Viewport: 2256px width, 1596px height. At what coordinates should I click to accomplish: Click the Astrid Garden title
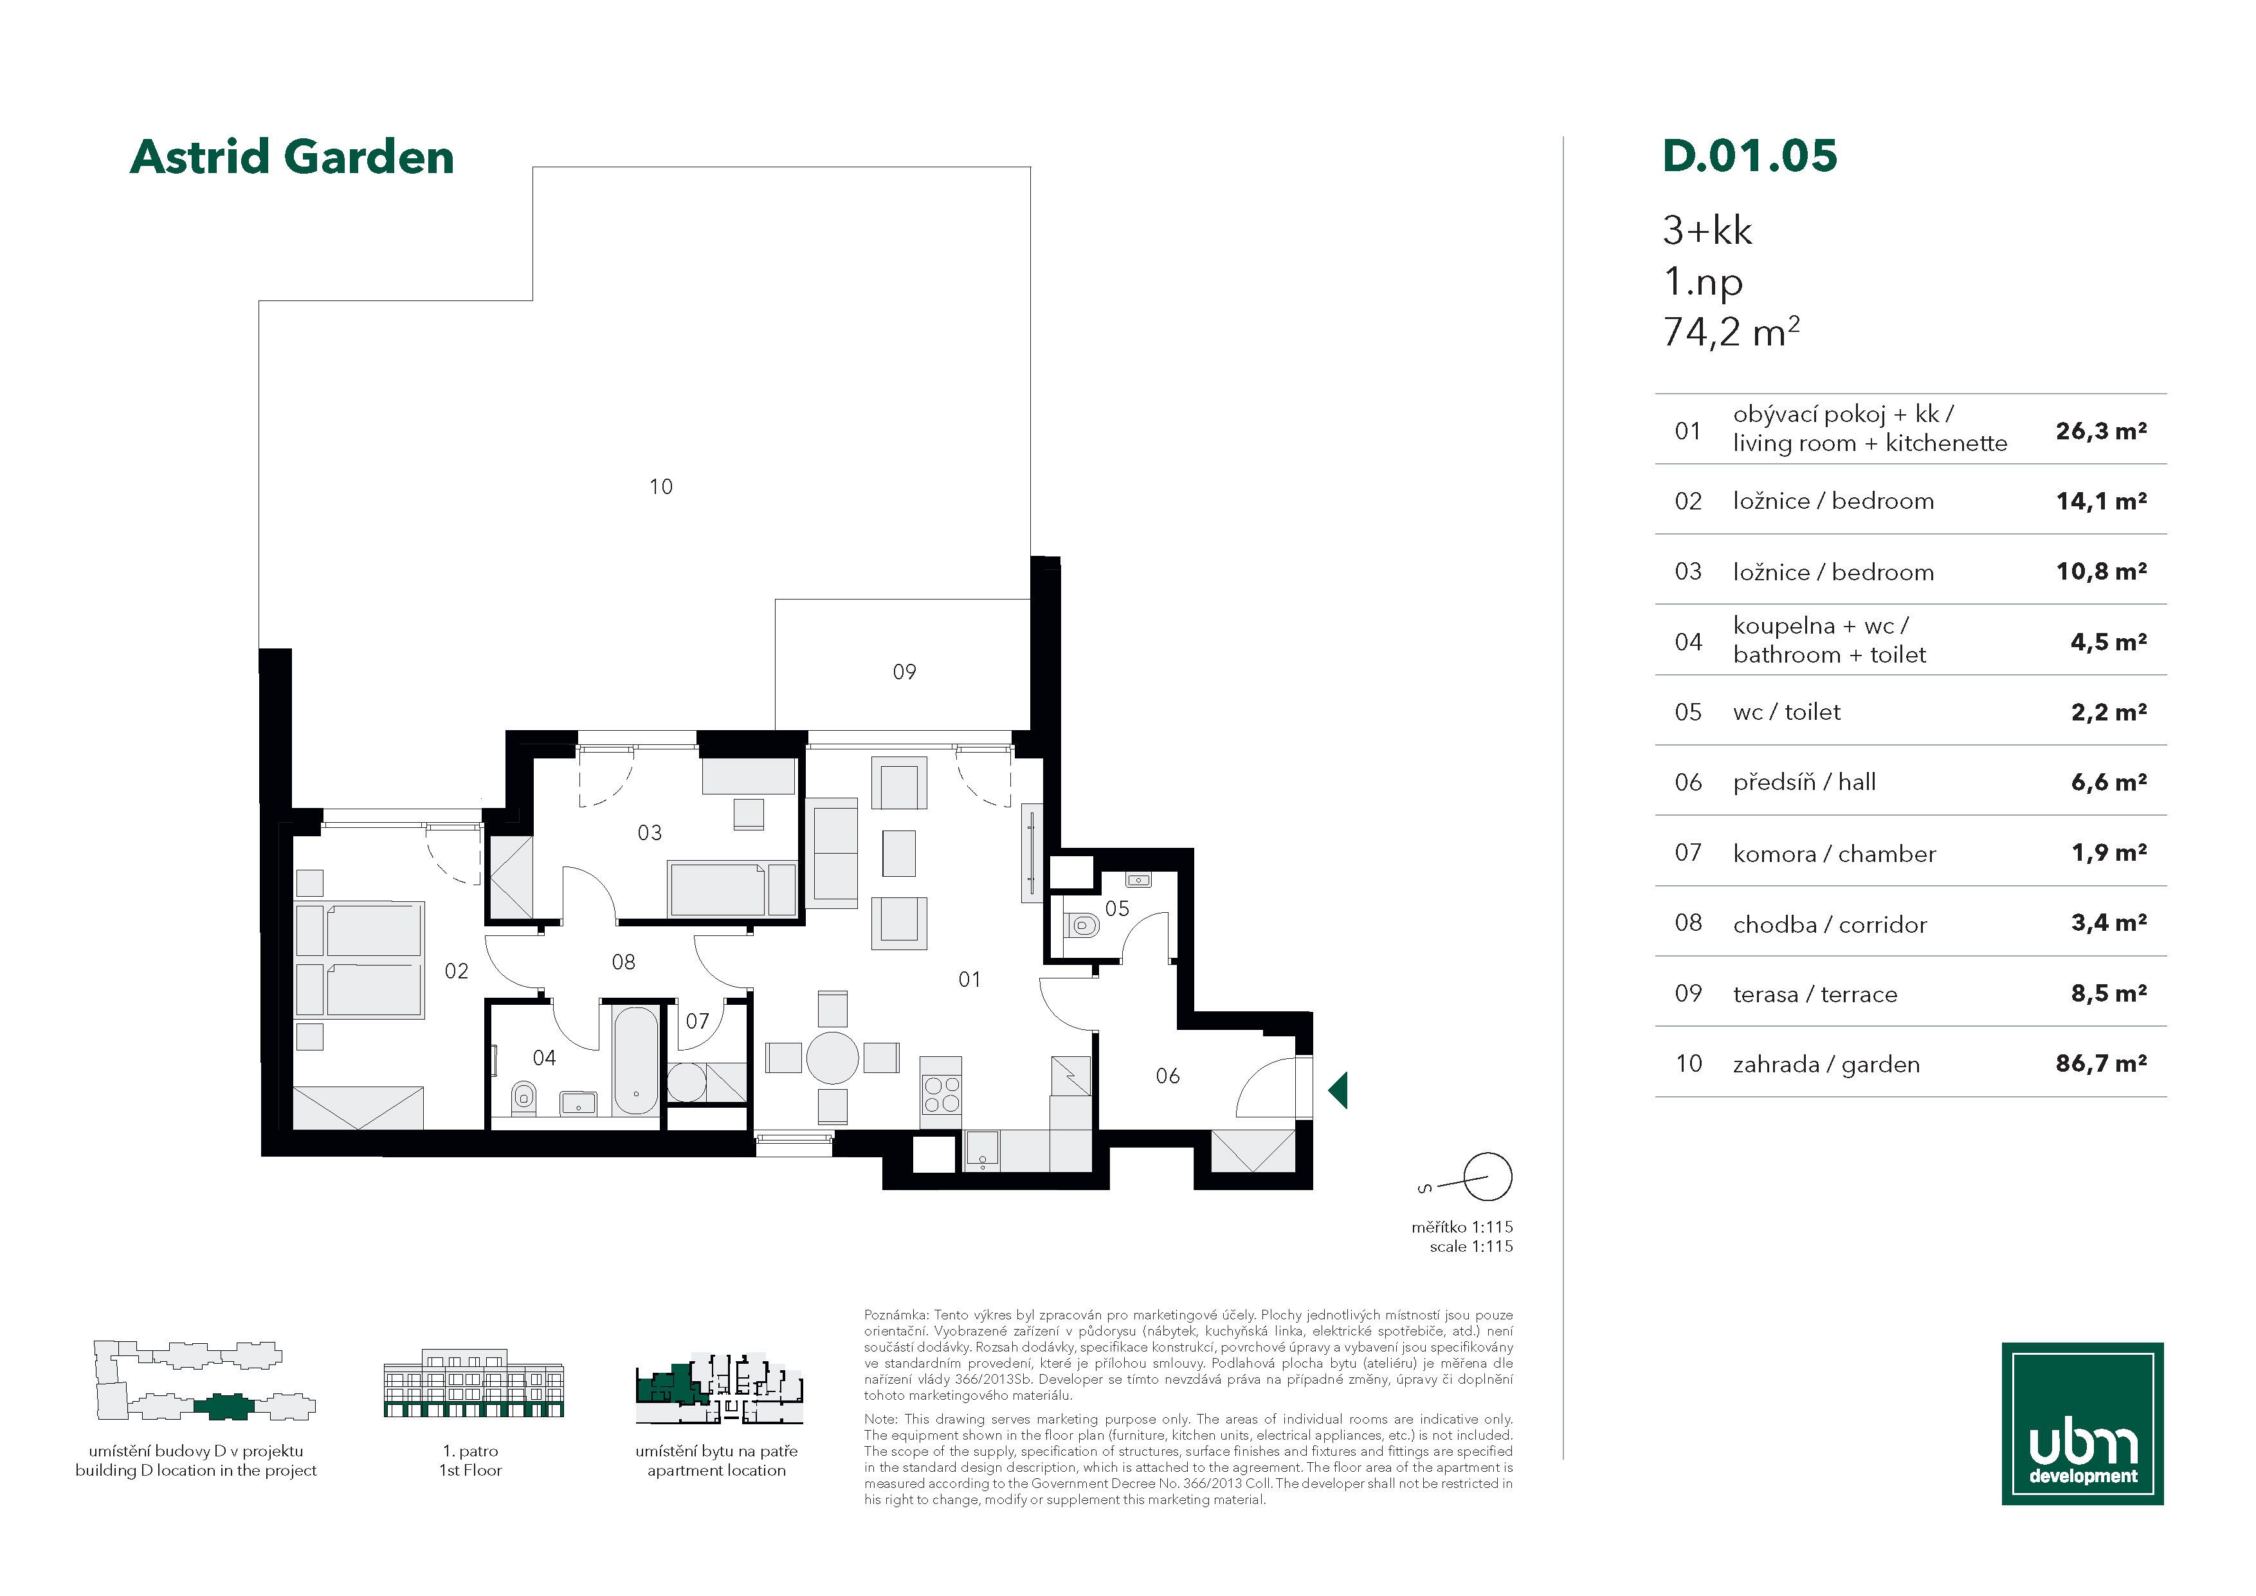click(x=292, y=157)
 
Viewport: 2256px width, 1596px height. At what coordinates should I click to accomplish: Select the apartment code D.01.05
click(x=1749, y=156)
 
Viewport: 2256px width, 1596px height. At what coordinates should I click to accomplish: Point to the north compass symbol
click(x=1487, y=1177)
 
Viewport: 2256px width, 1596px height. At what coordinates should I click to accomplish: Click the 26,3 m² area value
click(x=2101, y=430)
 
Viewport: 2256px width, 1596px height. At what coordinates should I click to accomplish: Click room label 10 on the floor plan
click(x=661, y=486)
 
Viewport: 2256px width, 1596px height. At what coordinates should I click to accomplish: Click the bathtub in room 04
click(x=636, y=1059)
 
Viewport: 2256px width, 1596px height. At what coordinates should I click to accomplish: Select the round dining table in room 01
click(x=832, y=1058)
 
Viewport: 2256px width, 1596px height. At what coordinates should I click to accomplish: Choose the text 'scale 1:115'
click(x=1471, y=1246)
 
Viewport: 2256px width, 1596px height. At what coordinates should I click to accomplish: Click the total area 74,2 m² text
click(x=1731, y=331)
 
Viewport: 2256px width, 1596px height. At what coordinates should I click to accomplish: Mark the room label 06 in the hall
click(x=1167, y=1076)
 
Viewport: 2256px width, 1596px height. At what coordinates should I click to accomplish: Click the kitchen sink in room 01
click(x=981, y=1151)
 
